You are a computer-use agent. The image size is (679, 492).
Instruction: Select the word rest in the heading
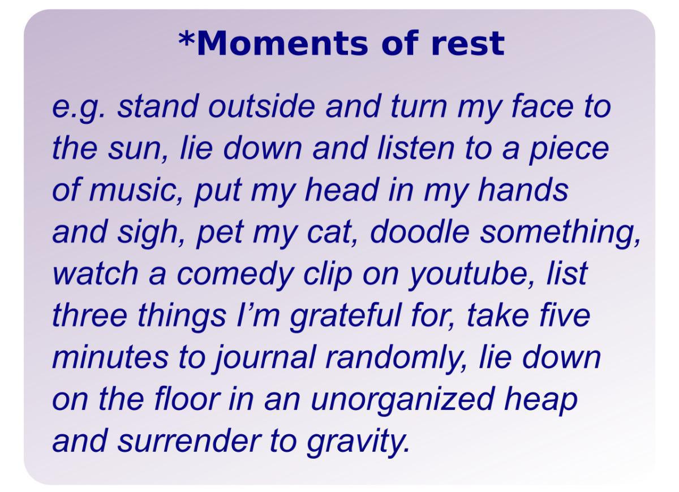[467, 44]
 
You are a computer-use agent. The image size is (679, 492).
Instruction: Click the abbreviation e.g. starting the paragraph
[79, 107]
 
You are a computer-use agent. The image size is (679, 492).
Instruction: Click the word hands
[523, 189]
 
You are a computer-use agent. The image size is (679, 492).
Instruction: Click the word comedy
[235, 275]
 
